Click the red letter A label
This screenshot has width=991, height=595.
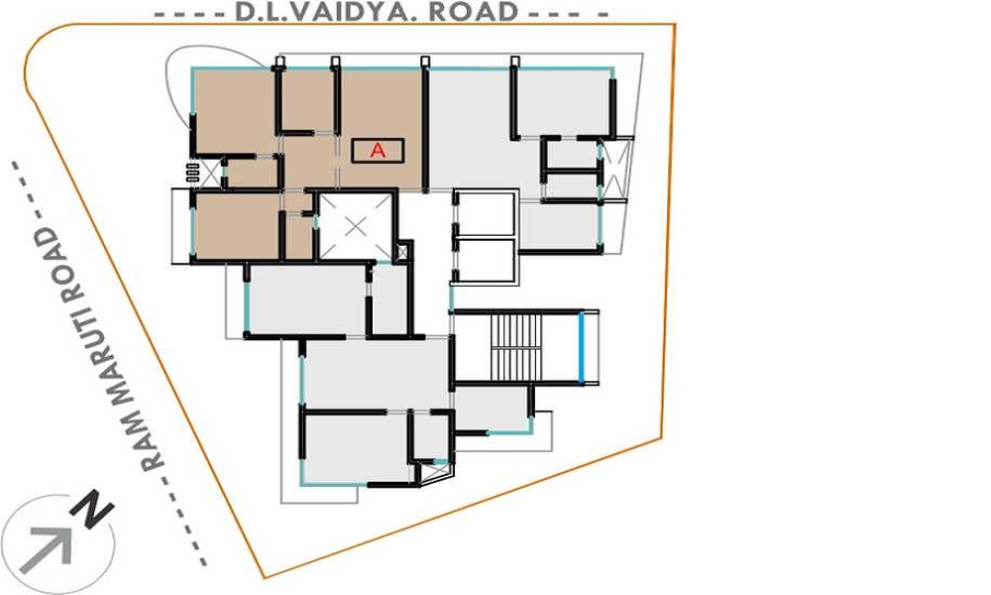click(x=378, y=151)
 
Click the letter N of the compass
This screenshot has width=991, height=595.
click(x=92, y=507)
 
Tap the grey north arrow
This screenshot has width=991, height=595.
click(x=48, y=548)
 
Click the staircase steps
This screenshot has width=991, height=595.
click(x=516, y=347)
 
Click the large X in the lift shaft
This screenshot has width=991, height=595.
click(x=356, y=226)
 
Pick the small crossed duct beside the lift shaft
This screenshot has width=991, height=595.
click(x=402, y=251)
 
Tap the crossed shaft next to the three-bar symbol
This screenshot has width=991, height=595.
click(x=211, y=172)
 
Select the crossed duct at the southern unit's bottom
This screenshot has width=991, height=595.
click(x=437, y=472)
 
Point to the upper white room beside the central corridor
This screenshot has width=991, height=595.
click(x=486, y=214)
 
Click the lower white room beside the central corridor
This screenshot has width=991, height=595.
click(x=486, y=259)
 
